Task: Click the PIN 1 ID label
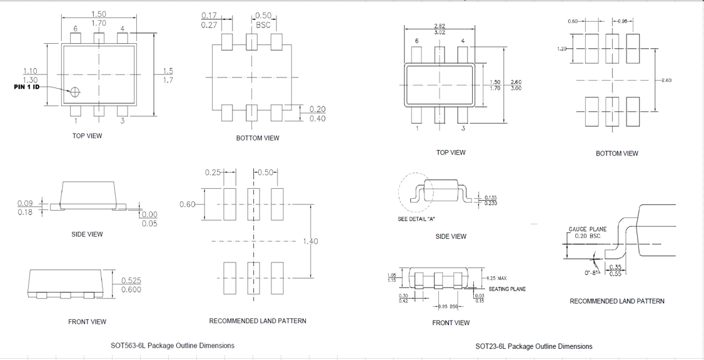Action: click(x=27, y=87)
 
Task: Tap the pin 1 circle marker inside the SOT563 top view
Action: click(x=75, y=92)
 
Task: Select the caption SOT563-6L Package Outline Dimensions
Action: click(x=173, y=346)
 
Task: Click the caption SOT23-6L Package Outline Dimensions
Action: click(x=533, y=346)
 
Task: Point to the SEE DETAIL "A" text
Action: click(x=416, y=219)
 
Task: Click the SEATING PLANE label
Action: click(x=507, y=289)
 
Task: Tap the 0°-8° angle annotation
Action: click(x=592, y=272)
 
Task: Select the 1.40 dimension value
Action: click(x=310, y=241)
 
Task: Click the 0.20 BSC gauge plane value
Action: click(x=588, y=236)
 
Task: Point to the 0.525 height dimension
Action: click(x=131, y=281)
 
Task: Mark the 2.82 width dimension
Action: click(x=440, y=26)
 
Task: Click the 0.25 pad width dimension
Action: click(x=213, y=172)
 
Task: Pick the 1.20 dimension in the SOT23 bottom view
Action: click(x=561, y=48)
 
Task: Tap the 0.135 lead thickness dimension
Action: click(x=490, y=197)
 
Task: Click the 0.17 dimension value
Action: click(x=209, y=16)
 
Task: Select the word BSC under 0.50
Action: click(x=263, y=26)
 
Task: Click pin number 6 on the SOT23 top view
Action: click(x=417, y=41)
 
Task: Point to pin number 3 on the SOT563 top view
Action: click(x=123, y=121)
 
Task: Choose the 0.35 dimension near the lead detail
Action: click(x=615, y=267)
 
